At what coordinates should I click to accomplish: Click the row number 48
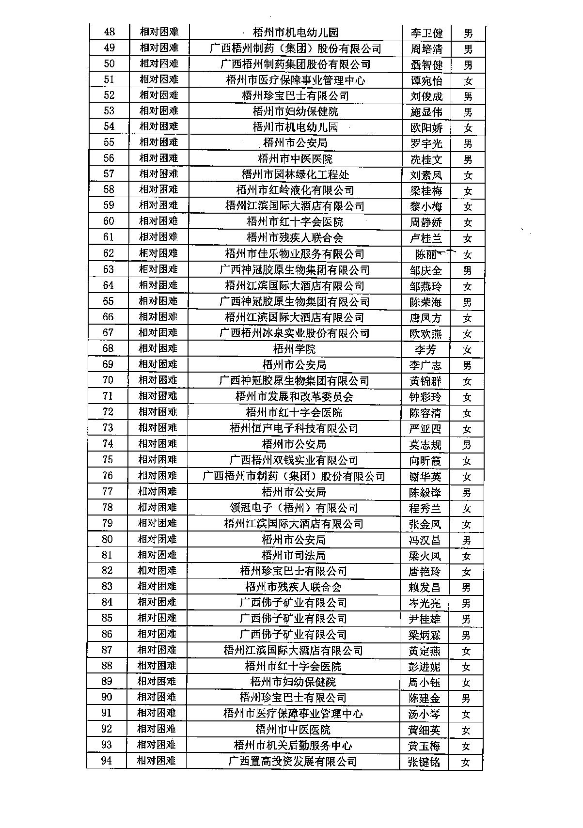[x=110, y=32]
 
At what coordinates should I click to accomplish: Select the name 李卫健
[x=426, y=33]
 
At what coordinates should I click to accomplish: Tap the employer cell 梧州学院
[x=294, y=349]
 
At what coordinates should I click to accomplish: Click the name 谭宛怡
[x=426, y=80]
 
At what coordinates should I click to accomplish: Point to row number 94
[x=106, y=761]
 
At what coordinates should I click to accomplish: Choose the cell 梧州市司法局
[x=294, y=555]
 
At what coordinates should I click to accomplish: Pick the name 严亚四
[x=425, y=429]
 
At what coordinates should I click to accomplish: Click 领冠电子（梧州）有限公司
[x=294, y=508]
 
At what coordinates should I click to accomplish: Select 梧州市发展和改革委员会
[x=294, y=396]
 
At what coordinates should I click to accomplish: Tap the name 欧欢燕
[x=425, y=333]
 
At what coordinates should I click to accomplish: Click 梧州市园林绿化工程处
[x=295, y=174]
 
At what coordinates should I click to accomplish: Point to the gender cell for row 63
[x=467, y=270]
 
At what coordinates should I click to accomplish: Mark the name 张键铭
[x=424, y=762]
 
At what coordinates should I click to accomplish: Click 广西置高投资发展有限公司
[x=293, y=761]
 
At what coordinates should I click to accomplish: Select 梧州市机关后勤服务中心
[x=293, y=745]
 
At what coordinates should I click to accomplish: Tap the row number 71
[x=108, y=396]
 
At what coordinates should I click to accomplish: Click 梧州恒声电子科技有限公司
[x=294, y=428]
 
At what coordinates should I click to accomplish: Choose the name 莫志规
[x=425, y=444]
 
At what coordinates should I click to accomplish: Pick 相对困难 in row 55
[x=159, y=142]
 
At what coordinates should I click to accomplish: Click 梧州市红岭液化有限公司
[x=295, y=190]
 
